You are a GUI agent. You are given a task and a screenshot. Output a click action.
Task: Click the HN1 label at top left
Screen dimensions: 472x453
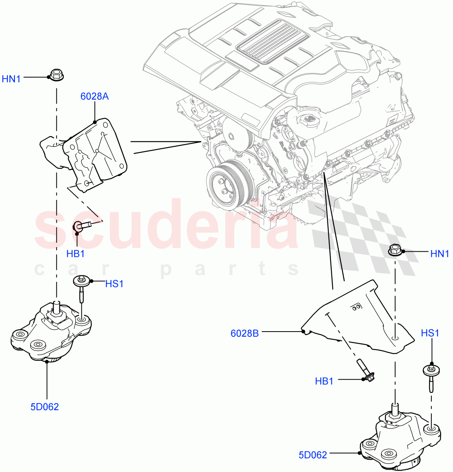11,79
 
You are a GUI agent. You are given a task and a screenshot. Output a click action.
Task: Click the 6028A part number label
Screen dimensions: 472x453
94,96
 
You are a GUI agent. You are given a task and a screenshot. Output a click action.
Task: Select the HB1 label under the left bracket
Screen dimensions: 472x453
76,254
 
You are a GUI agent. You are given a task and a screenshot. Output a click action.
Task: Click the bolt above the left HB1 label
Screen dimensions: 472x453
84,225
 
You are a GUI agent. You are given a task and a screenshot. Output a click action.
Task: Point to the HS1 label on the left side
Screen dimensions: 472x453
114,283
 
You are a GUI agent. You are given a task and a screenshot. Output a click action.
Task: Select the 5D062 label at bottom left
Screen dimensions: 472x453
44,407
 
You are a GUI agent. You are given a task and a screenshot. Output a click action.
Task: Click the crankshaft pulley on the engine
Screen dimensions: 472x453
226,185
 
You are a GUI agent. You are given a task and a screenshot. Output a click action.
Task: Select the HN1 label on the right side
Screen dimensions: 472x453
440,254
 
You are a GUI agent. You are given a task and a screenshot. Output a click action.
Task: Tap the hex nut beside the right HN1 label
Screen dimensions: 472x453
395,250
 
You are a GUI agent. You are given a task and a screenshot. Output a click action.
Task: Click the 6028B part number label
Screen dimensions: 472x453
244,333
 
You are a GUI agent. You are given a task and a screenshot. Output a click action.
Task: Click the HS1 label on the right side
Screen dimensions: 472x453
430,333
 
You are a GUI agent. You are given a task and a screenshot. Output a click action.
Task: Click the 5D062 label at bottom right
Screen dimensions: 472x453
312,455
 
